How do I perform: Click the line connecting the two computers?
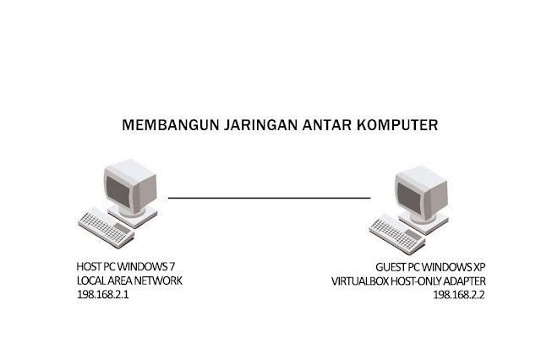(x=270, y=198)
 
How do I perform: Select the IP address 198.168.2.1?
(x=103, y=296)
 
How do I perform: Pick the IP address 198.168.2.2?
(x=459, y=296)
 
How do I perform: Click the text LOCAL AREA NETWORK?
(x=128, y=281)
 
